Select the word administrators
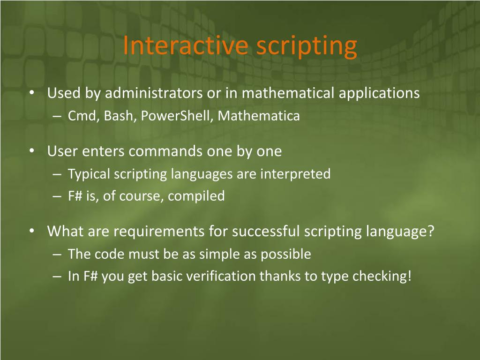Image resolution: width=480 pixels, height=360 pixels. [x=154, y=93]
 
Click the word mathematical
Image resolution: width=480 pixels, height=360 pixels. [x=288, y=93]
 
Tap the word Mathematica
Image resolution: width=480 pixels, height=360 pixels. [x=259, y=116]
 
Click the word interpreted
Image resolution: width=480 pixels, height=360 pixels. [x=295, y=174]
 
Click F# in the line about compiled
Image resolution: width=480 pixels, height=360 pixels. [x=75, y=196]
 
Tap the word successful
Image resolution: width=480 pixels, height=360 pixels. [x=266, y=231]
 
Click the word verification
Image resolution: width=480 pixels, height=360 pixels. [x=221, y=276]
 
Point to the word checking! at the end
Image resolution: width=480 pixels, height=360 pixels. [x=382, y=277]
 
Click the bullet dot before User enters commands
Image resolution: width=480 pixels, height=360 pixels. [x=32, y=151]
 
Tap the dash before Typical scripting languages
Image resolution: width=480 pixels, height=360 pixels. [x=57, y=174]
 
